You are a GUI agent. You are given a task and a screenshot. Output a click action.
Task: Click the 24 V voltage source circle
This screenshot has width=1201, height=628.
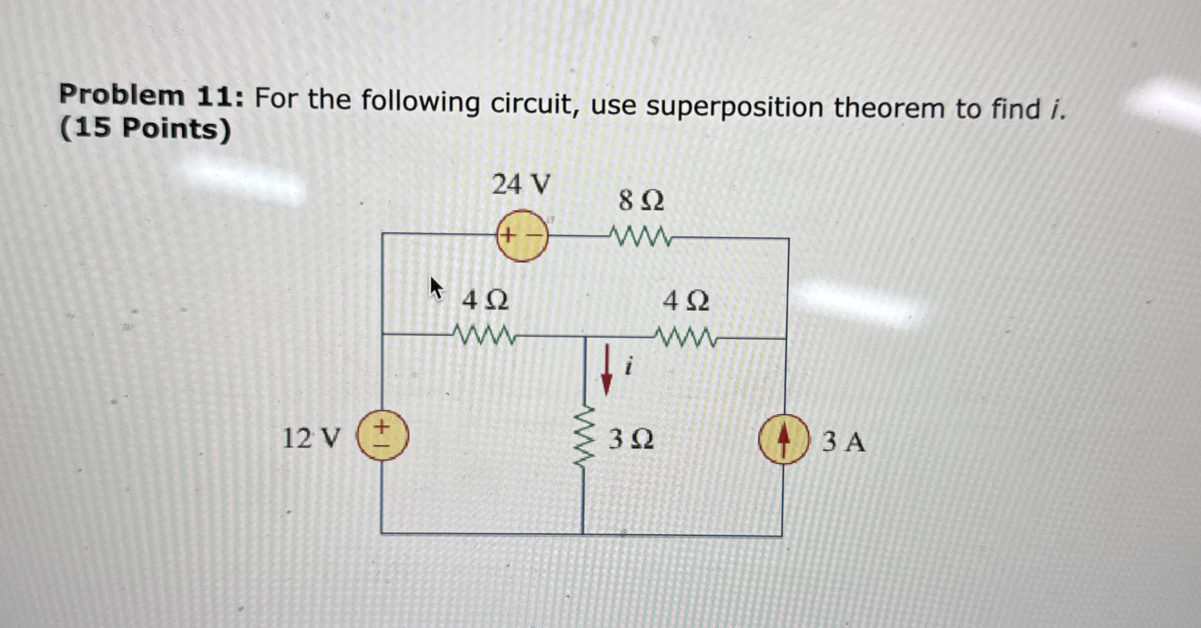point(522,235)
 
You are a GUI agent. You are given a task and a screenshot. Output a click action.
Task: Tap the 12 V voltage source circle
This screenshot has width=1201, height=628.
point(382,435)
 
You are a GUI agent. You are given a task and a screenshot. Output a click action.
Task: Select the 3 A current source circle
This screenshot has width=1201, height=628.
point(783,439)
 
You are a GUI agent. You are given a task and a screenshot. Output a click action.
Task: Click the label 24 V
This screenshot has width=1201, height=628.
point(521,185)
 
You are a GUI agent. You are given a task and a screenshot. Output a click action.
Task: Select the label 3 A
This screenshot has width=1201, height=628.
point(843,443)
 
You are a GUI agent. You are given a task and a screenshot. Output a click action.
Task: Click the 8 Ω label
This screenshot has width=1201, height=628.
point(641,201)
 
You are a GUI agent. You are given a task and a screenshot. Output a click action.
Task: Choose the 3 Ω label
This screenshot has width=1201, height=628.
point(631,440)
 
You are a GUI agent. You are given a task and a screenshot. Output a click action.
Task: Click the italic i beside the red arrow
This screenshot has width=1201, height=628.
point(629,366)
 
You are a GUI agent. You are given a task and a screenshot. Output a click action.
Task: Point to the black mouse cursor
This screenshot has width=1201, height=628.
point(437,288)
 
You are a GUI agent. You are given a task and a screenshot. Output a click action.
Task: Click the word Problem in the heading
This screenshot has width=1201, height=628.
point(122,95)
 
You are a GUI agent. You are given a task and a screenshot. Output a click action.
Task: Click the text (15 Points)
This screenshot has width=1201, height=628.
point(145,129)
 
